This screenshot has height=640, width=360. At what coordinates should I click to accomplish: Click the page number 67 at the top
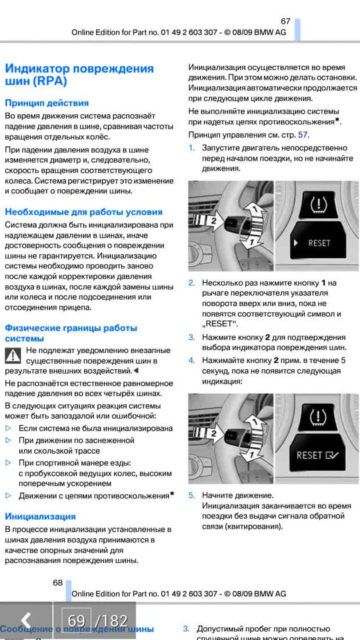coord(285,21)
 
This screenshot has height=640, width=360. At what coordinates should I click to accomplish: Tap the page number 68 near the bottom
coord(57,583)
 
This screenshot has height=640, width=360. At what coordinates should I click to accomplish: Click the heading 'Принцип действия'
coord(47,103)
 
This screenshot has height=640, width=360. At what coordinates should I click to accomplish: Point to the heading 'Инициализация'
coord(40,516)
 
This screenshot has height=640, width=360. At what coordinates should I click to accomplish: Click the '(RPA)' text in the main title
coord(46,81)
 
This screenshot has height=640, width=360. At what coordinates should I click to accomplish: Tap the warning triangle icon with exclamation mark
coord(13,355)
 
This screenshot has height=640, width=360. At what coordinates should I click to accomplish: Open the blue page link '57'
coord(303,135)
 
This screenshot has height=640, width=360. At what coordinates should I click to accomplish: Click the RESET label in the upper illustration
coord(319,243)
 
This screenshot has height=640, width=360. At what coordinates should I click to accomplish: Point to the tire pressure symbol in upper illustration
coord(318,204)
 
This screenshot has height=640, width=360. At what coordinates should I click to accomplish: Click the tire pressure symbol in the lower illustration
coord(318,417)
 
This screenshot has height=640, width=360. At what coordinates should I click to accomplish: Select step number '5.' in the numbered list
coord(191,495)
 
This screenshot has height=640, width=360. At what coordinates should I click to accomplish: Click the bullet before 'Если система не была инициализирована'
coord(8,428)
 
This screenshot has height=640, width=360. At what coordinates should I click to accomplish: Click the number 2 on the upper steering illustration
coord(213,221)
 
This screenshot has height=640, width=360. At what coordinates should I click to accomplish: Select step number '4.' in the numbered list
coord(191,361)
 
